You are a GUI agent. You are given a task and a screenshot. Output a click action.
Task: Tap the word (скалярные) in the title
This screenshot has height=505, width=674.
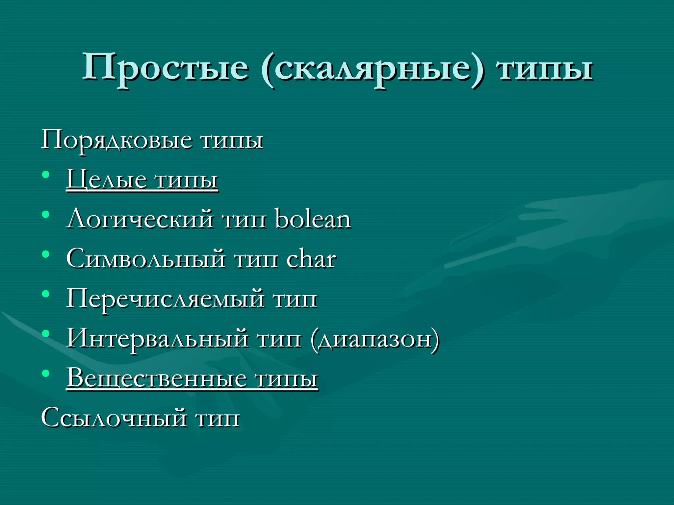[373, 69]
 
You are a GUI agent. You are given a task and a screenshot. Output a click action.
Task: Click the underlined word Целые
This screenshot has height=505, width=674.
[106, 180]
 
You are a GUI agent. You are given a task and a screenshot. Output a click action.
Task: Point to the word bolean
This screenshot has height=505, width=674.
[313, 219]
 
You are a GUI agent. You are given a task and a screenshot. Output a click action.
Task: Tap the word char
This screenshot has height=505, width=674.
[311, 259]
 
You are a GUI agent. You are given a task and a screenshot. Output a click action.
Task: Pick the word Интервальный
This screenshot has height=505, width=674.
[157, 339]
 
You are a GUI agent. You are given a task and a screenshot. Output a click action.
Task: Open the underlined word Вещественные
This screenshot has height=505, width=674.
[157, 378]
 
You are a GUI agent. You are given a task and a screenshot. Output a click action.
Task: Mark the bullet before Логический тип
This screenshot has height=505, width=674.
[46, 214]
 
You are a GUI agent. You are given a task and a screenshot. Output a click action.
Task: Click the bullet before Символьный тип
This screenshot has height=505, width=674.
[46, 254]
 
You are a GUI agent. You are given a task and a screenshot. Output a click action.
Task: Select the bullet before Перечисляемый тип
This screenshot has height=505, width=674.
[46, 294]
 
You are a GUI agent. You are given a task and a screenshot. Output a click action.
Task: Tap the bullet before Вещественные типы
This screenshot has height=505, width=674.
[46, 373]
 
